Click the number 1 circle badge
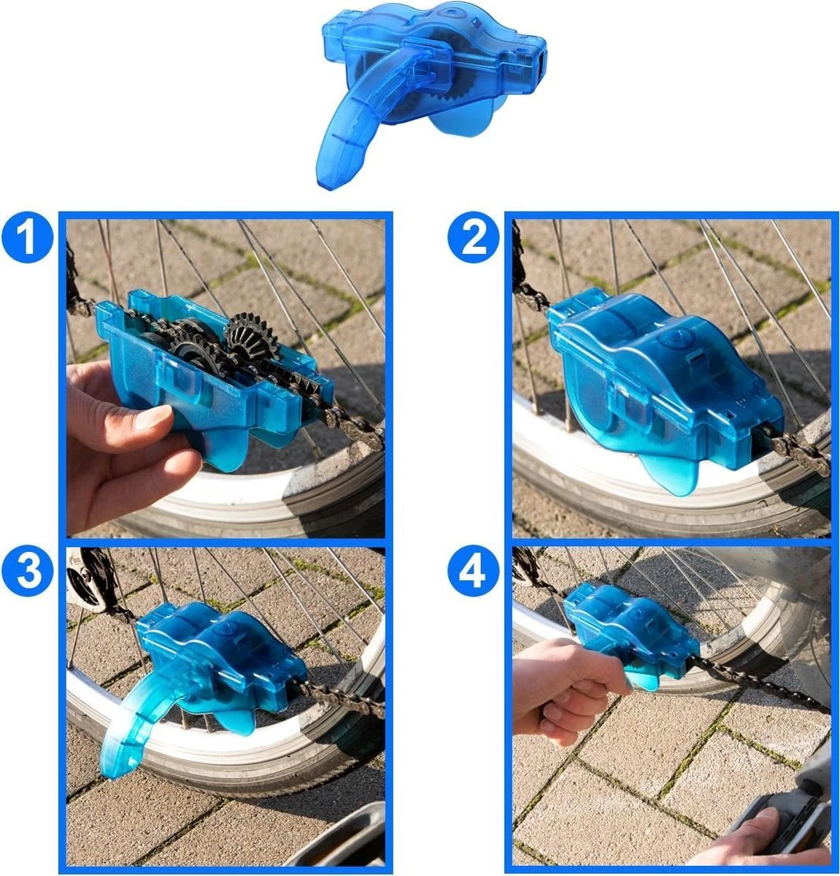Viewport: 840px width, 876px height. click(x=27, y=239)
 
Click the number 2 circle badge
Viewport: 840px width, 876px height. click(x=474, y=239)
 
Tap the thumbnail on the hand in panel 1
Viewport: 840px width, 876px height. click(x=153, y=417)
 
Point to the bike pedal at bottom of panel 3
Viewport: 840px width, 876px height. click(x=343, y=839)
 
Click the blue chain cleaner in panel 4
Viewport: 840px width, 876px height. click(x=628, y=628)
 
